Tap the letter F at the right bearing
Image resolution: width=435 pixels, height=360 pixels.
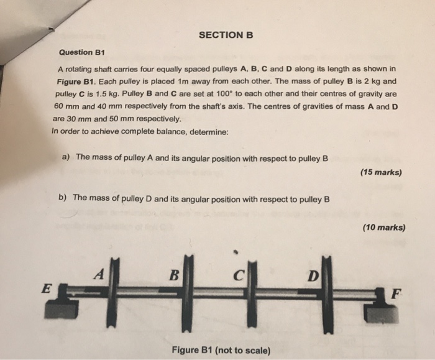tap(391, 294)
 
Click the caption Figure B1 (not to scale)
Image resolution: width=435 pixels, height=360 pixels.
tap(222, 350)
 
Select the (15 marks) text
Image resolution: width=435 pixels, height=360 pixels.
tap(380, 172)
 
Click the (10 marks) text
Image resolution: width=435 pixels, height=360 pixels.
tap(383, 228)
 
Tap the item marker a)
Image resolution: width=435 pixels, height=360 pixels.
tap(65, 157)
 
